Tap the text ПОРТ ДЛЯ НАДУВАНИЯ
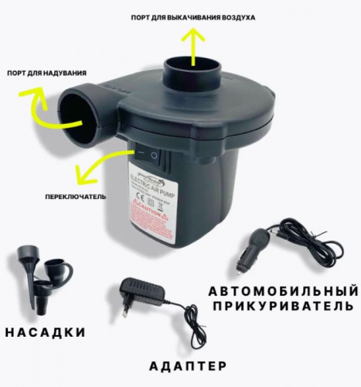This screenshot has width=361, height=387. coord(46,74)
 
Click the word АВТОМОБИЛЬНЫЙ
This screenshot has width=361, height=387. coord(283,292)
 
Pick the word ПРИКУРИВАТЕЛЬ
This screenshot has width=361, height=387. coord(283,310)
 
